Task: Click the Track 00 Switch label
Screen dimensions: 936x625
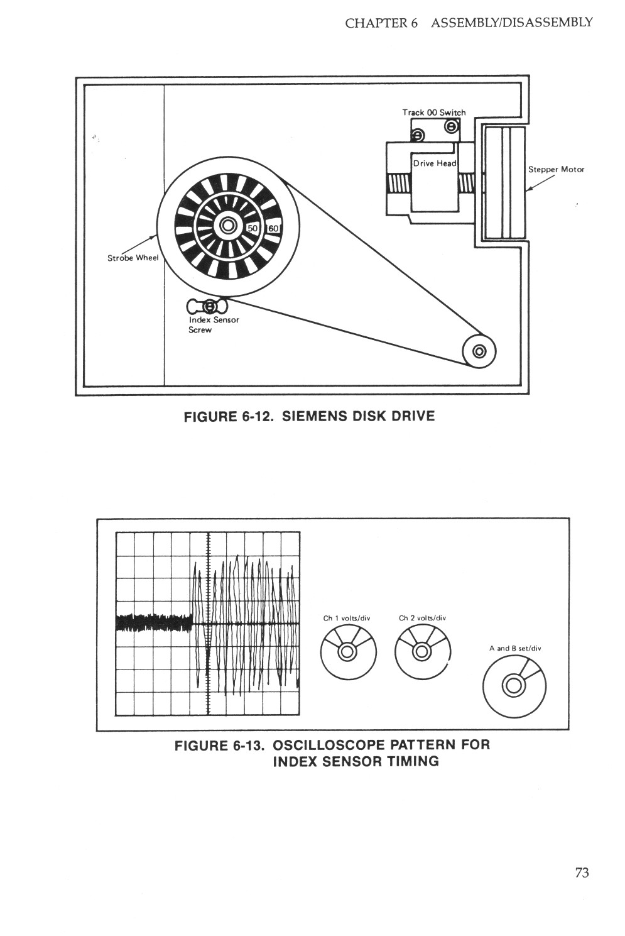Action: coord(434,113)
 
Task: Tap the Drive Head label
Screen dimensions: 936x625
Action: coord(434,163)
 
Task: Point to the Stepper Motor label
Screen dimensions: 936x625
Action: coord(556,169)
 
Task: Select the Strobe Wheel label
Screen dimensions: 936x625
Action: coord(133,258)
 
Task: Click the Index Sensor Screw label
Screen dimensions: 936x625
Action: coord(214,324)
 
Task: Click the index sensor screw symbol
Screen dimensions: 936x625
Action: coord(210,307)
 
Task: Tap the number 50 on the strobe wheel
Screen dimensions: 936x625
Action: coord(253,228)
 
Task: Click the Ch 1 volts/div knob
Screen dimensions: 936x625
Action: coord(347,652)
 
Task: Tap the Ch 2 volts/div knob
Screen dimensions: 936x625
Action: coord(423,652)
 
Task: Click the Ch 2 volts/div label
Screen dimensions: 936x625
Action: coord(422,618)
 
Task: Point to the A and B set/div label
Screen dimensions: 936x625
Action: coord(515,648)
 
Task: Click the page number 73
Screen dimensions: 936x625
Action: coord(582,872)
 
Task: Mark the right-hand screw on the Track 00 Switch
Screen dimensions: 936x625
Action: coord(451,127)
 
